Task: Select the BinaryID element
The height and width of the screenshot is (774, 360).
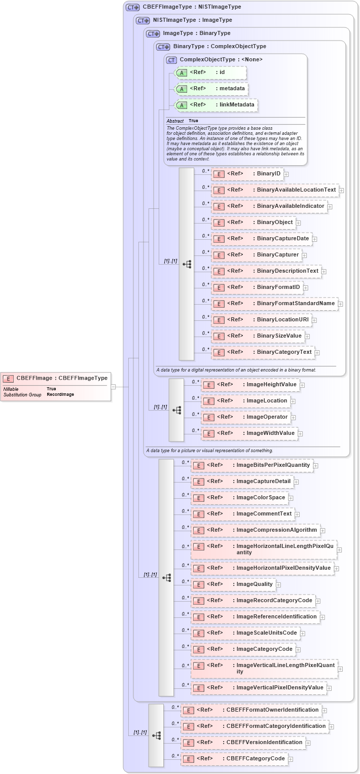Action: (247, 174)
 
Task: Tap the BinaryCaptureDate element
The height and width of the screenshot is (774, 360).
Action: (261, 239)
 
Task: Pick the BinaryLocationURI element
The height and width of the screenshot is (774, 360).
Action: (261, 320)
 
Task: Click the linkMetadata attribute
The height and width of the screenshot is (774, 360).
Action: (215, 105)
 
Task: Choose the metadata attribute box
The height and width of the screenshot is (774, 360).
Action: (210, 89)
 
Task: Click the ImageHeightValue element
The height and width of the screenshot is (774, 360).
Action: (250, 385)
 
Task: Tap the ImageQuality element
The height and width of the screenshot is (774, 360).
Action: (233, 584)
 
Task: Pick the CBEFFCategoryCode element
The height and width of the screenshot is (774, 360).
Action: (234, 759)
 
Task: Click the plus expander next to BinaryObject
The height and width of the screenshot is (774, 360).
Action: (298, 223)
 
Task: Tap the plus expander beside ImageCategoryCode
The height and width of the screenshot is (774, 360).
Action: (298, 649)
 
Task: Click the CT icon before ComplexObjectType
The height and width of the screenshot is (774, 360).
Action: (172, 60)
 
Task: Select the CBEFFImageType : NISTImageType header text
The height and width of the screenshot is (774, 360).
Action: (192, 7)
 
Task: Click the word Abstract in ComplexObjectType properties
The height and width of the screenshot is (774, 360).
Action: (175, 121)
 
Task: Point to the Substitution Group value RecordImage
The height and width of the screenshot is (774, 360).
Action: (60, 394)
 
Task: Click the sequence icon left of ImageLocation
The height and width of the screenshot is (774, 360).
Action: (176, 410)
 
